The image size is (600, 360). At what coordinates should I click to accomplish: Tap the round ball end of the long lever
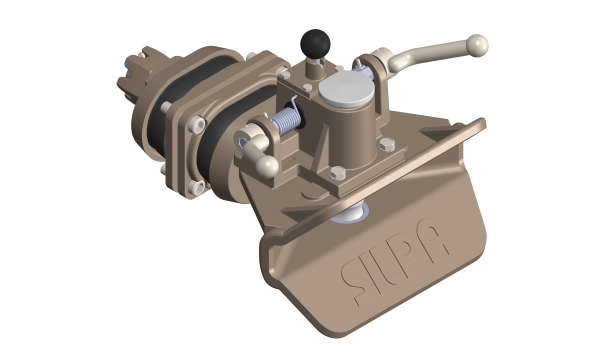pos(478,44)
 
